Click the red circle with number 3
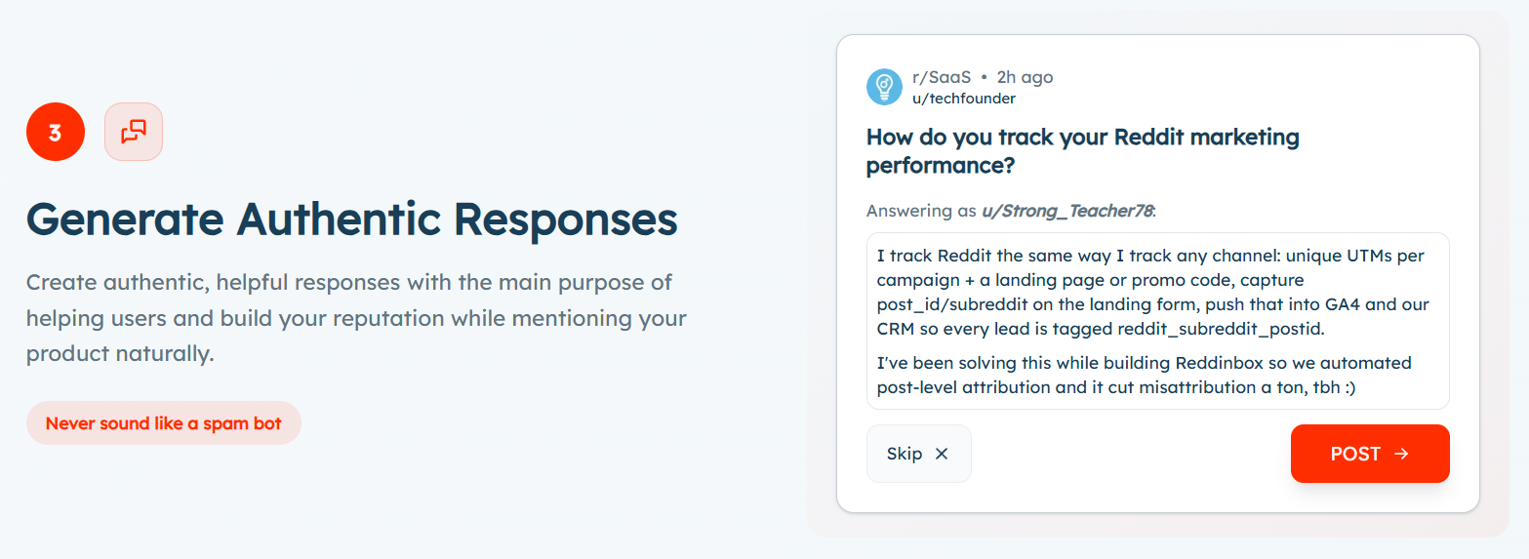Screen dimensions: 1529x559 click(x=56, y=132)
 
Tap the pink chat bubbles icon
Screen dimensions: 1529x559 click(x=134, y=132)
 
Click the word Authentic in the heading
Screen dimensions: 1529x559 click(x=339, y=220)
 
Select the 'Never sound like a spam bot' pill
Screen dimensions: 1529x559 click(x=164, y=423)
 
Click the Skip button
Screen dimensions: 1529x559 click(x=919, y=454)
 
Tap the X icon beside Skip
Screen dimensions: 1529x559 click(x=942, y=454)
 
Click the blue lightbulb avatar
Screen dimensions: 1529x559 click(x=885, y=87)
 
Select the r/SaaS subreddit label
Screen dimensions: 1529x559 click(x=942, y=77)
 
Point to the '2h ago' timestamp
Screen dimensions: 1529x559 click(x=1025, y=78)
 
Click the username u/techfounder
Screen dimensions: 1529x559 click(x=964, y=99)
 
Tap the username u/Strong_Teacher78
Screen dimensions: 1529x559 click(x=1067, y=211)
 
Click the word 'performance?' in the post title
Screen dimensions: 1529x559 click(x=941, y=166)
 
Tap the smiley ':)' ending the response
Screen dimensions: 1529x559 click(x=1350, y=387)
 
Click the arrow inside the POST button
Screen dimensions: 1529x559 click(x=1401, y=454)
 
